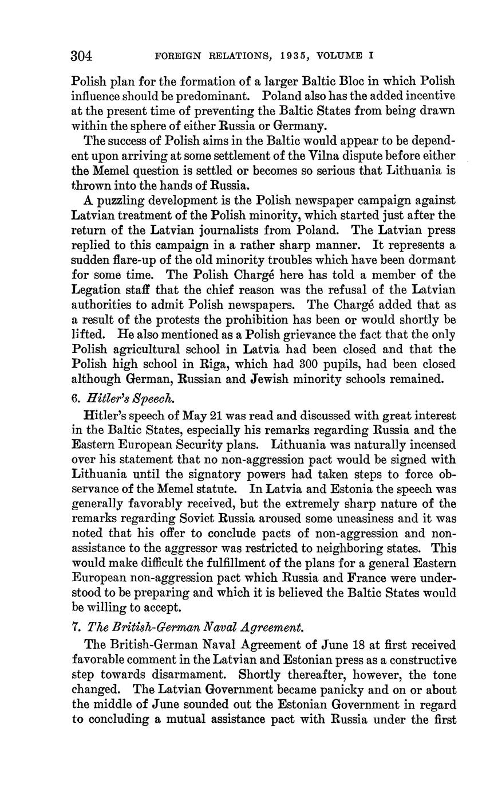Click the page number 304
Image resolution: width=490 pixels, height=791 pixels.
click(x=82, y=56)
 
